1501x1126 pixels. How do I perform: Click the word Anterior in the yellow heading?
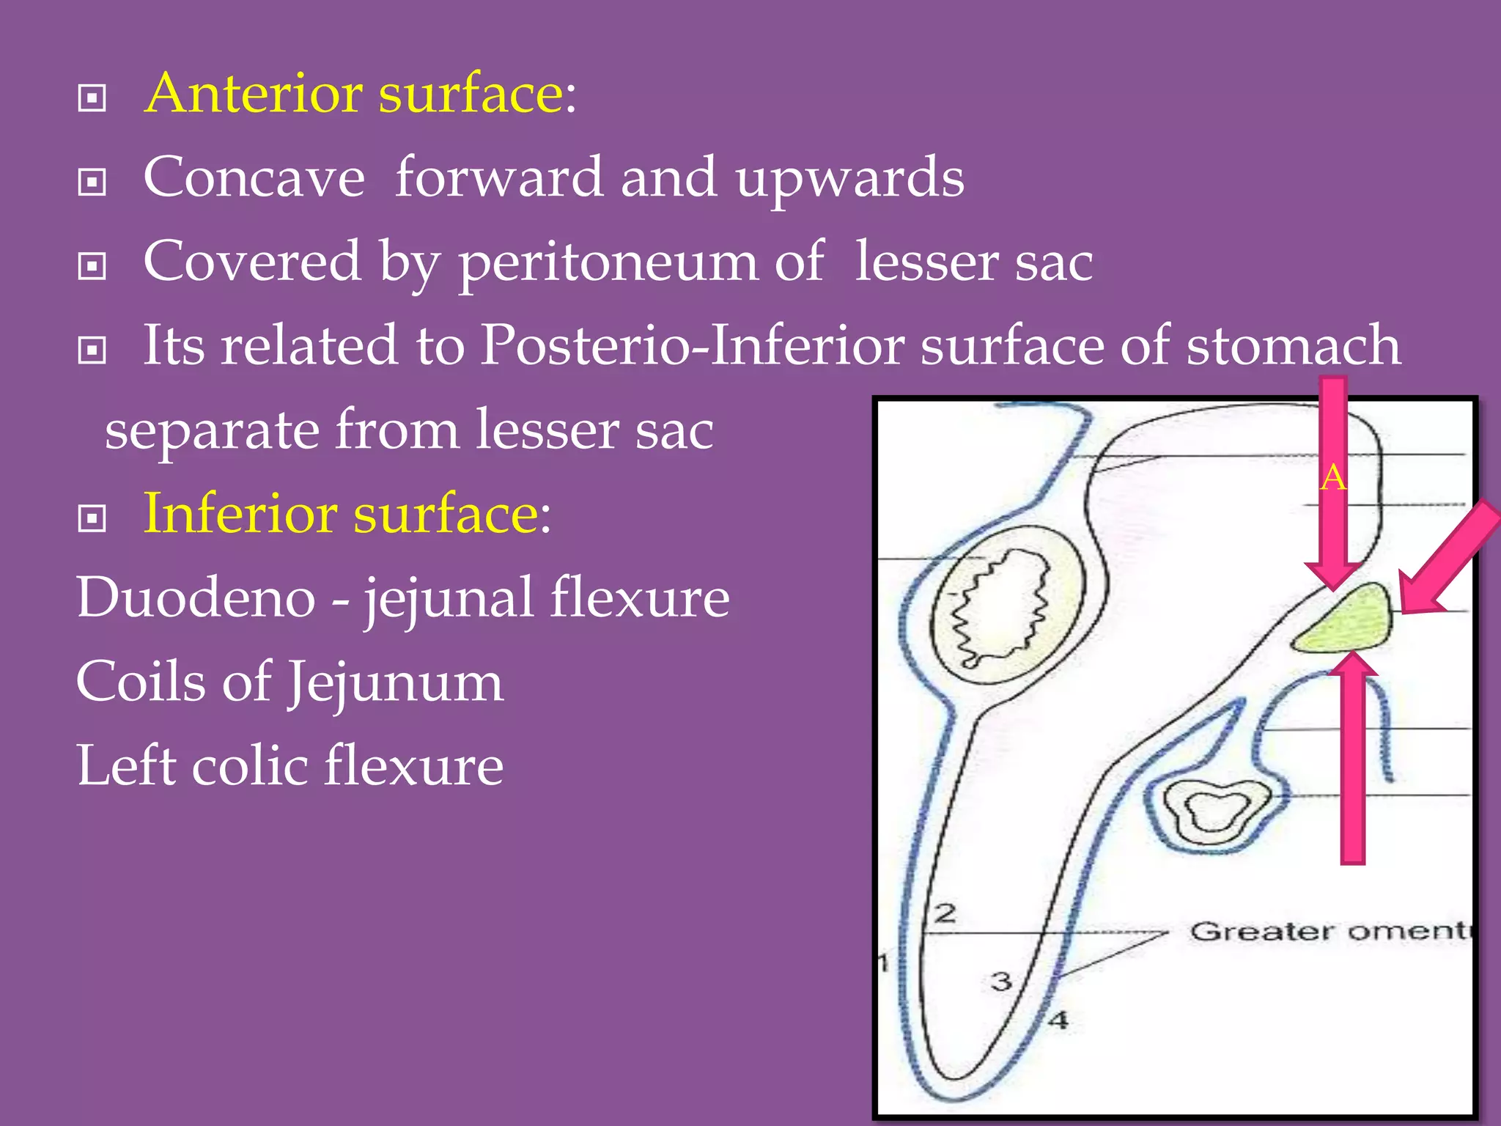point(253,94)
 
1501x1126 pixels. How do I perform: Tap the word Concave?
point(254,178)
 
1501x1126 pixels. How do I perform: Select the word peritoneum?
point(608,262)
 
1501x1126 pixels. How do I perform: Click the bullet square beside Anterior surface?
point(92,97)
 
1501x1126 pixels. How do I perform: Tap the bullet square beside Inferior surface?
point(92,519)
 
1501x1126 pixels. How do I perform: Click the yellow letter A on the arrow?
point(1333,479)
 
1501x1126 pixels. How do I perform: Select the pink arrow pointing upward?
point(1352,762)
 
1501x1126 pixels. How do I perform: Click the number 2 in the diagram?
point(945,913)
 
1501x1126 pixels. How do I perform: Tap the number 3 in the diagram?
point(1000,981)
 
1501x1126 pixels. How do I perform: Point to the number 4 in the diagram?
point(1058,1020)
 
